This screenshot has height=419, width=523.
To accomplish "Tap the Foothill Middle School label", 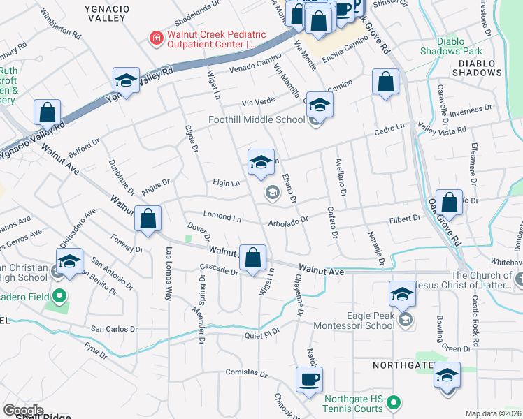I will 256,119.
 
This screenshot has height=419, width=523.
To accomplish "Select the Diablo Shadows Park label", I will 451,46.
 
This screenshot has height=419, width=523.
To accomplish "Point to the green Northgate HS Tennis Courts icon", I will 393,402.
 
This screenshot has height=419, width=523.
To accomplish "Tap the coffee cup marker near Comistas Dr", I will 308,381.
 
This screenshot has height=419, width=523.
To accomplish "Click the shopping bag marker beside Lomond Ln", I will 148,219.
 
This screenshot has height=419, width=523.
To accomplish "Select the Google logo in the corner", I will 23,410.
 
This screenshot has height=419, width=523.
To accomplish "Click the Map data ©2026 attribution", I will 492,413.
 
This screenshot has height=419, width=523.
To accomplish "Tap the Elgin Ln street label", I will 227,183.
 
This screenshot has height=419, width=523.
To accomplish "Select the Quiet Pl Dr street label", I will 263,334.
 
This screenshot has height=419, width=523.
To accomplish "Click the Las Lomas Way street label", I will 168,264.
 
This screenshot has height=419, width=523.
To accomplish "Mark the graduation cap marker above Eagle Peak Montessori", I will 403,294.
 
